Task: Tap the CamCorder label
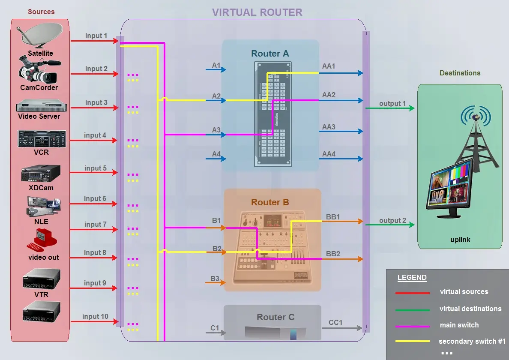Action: coord(39,87)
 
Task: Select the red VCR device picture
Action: coord(42,139)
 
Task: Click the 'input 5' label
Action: coord(96,168)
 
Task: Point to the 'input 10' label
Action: coord(96,316)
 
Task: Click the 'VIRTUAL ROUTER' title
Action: coord(257,12)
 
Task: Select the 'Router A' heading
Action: coord(270,54)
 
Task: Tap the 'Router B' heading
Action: coord(270,202)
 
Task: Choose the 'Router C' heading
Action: coord(275,317)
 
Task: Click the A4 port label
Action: coord(216,154)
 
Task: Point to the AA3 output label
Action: coord(329,127)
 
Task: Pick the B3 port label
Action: coord(215,279)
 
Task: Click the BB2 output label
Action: coord(333,254)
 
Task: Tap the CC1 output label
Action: coord(335,322)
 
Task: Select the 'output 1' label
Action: coord(392,103)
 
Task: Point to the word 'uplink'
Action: coord(460,240)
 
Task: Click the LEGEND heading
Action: coord(412,277)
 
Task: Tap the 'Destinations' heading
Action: coord(460,73)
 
